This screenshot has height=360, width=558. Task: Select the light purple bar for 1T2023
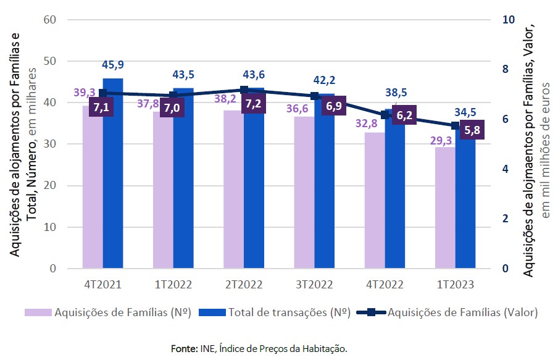pos(444,210)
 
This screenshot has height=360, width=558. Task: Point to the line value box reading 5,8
pos(472,131)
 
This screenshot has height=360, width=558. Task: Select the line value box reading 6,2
pos(402,115)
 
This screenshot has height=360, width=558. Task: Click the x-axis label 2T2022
pos(244,285)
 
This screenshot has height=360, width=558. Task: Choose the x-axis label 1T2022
pos(173,285)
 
